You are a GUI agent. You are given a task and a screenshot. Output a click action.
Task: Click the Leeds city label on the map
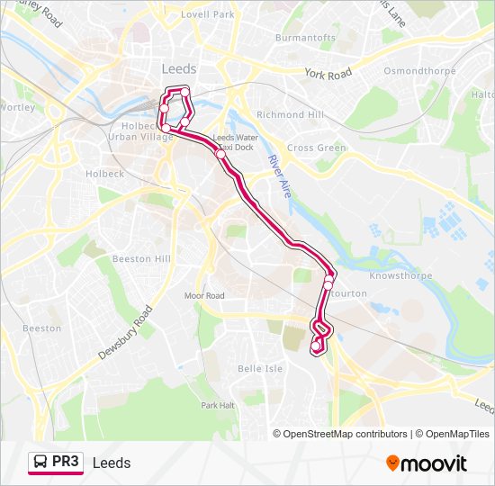click(179, 69)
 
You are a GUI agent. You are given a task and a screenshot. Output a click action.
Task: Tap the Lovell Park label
click(207, 15)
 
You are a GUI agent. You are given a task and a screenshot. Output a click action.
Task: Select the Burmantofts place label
click(305, 38)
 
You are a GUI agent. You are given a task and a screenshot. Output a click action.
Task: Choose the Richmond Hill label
click(289, 115)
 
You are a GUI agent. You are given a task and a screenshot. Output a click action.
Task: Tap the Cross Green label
click(316, 148)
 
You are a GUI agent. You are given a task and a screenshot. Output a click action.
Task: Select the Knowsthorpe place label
click(402, 275)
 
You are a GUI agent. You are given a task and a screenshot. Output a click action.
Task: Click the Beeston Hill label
click(141, 258)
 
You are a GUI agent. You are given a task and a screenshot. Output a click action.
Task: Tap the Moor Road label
click(204, 295)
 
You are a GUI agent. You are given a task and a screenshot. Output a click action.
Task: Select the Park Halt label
click(218, 405)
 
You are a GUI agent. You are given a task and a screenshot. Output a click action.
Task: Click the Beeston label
click(42, 328)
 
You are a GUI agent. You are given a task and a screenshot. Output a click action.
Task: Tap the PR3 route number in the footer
click(66, 462)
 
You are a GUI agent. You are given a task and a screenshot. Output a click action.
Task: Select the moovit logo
click(427, 463)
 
